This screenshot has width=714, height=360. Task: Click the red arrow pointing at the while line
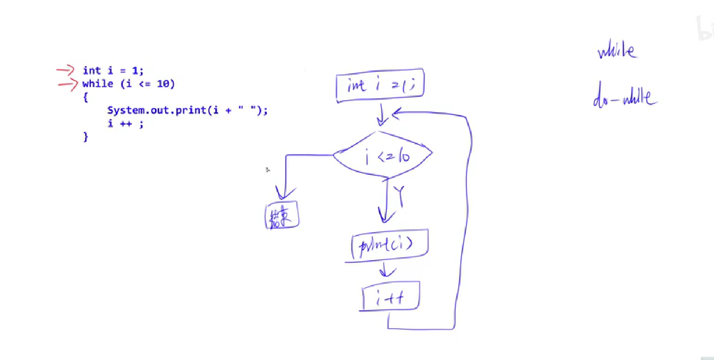coord(68,84)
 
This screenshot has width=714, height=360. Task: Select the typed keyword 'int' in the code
coord(92,70)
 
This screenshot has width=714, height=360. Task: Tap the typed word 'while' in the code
coord(98,84)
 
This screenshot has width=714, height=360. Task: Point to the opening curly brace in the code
coord(85,97)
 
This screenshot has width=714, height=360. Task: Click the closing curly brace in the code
coord(85,137)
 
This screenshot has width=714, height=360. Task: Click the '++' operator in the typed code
coord(126,124)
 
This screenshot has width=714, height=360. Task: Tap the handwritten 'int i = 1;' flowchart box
coord(380,85)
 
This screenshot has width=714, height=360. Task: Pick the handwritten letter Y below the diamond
coord(400,196)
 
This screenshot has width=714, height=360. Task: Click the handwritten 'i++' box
coord(390,297)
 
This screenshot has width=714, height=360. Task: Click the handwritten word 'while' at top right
coord(617,51)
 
